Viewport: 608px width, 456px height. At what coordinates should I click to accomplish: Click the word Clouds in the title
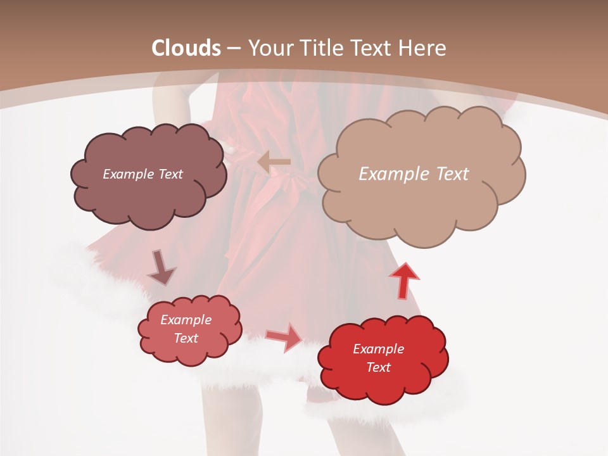pos(186,48)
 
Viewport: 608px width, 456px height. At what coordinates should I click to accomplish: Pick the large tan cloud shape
pos(421,203)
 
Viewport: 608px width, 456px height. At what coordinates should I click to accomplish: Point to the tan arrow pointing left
pos(274,162)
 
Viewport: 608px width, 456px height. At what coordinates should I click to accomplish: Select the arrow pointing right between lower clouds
pos(284,337)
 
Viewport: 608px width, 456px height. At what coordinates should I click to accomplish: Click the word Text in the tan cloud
pos(452,174)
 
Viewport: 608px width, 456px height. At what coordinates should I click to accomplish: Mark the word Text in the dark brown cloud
pos(170,174)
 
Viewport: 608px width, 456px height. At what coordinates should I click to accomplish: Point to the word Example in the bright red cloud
pos(378,349)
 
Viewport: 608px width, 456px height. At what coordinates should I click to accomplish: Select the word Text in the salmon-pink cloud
pos(186,338)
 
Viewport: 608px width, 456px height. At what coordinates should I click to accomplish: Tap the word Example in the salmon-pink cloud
pos(186,320)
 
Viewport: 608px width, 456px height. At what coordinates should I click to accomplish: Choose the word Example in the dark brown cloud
pos(129,174)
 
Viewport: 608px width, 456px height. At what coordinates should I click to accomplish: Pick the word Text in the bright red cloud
pos(378,367)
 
